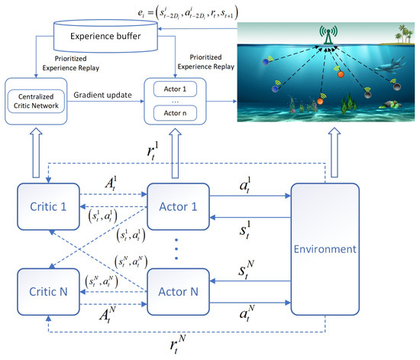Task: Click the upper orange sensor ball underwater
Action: point(341,75)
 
